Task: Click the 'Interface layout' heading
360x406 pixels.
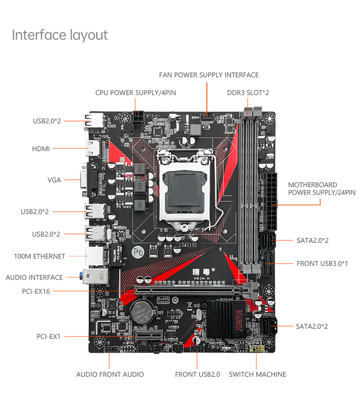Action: tap(60, 35)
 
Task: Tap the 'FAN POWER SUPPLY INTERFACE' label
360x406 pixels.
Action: tap(209, 75)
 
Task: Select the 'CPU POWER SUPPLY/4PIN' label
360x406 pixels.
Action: tap(135, 93)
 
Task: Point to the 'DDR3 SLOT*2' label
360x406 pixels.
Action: tap(248, 93)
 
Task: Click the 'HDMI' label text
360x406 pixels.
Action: tap(41, 149)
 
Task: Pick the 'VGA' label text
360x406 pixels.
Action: tap(54, 180)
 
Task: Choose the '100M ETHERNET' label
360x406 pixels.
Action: tap(39, 256)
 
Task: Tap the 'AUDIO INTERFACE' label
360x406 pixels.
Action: tap(34, 277)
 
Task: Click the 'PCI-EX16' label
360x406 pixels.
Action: tap(36, 291)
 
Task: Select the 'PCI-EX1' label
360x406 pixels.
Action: tap(48, 336)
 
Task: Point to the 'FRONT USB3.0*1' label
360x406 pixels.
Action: tap(322, 263)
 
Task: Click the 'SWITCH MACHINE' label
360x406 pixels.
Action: tap(257, 374)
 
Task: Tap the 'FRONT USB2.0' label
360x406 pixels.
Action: tap(197, 374)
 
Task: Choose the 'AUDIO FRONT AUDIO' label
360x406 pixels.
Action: tap(110, 374)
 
